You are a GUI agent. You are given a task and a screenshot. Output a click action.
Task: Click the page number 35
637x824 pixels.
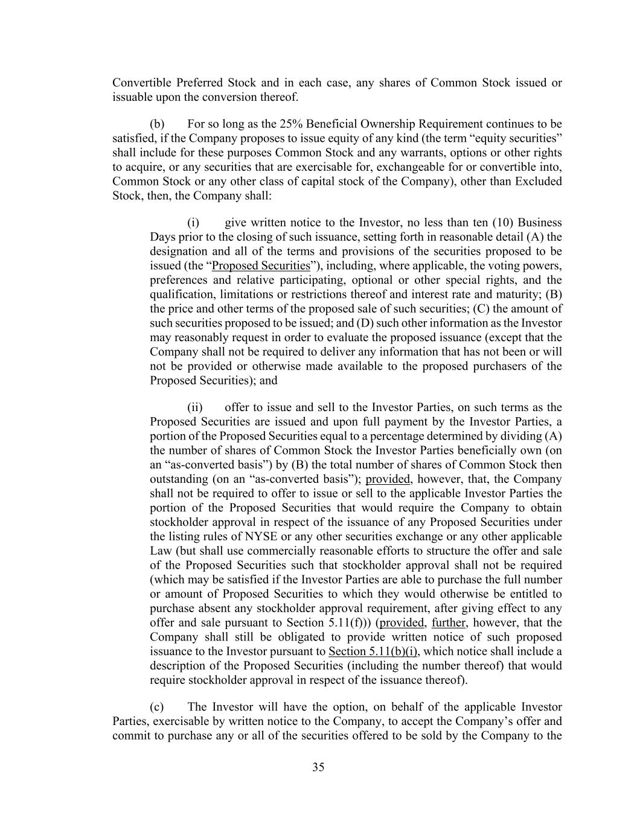[x=318, y=767]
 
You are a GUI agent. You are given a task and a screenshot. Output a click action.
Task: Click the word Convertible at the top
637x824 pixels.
[x=141, y=83]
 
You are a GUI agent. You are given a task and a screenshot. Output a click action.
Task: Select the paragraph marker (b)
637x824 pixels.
[x=157, y=124]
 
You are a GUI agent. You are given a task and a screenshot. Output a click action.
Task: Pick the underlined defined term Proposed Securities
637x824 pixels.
[x=261, y=266]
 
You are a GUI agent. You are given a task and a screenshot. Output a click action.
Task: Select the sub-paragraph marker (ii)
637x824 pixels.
[x=195, y=407]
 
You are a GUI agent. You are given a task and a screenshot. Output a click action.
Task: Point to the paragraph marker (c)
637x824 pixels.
[x=157, y=707]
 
